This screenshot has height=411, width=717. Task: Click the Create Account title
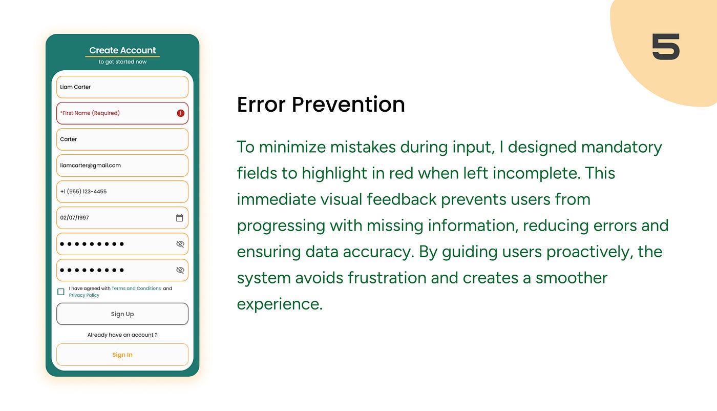click(x=122, y=50)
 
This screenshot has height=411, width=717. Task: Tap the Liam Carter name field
click(x=122, y=87)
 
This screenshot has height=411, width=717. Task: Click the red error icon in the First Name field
click(x=180, y=113)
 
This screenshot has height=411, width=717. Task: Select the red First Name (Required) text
click(x=90, y=113)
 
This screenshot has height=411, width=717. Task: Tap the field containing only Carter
click(x=122, y=139)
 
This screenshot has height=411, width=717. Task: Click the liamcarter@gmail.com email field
click(x=122, y=166)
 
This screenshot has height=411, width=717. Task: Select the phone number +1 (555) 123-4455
click(x=83, y=192)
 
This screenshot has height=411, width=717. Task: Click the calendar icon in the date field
click(x=180, y=218)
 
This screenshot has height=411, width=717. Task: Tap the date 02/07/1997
click(x=74, y=218)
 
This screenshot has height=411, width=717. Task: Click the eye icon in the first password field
click(x=180, y=244)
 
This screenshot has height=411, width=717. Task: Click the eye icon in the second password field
click(x=180, y=270)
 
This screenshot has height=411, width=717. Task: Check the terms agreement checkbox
click(x=61, y=292)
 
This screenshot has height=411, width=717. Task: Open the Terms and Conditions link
click(x=136, y=289)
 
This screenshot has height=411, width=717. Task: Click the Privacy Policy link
click(x=84, y=295)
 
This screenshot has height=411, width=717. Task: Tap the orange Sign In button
click(x=122, y=355)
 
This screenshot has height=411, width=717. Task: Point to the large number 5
click(x=666, y=47)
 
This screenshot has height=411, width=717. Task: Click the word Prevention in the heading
click(x=348, y=105)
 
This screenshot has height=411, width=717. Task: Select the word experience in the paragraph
click(x=280, y=304)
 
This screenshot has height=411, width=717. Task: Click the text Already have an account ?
click(x=122, y=335)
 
